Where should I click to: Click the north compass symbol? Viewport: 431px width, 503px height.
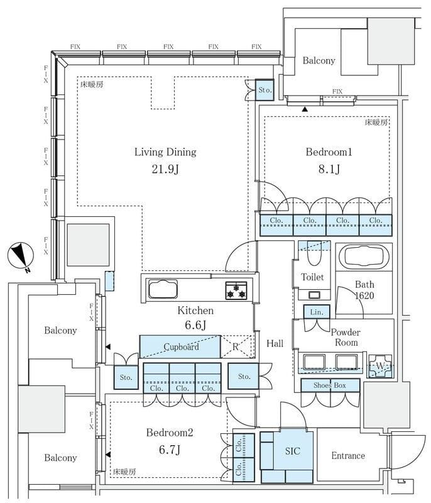tap(21, 257)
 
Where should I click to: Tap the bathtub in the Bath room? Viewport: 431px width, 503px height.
tap(364, 257)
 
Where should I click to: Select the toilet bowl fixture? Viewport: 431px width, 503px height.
tap(314, 253)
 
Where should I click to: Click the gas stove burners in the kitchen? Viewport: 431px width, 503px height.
tap(236, 290)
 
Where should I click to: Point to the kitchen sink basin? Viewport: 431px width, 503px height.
tap(163, 289)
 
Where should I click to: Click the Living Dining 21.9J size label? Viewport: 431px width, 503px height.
tap(165, 169)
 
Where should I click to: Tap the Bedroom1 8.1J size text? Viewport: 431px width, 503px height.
tap(329, 169)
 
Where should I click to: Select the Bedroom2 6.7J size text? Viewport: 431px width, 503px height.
tap(170, 450)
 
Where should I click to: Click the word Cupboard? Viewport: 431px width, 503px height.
tap(182, 347)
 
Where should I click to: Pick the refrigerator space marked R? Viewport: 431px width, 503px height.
tap(237, 346)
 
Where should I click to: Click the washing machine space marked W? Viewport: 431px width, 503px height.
tap(380, 366)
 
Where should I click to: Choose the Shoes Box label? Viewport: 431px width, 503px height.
tap(330, 385)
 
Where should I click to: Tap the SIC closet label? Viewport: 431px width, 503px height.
tap(293, 451)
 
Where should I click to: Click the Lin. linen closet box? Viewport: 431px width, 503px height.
tap(317, 312)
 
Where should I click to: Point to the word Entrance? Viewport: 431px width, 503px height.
tap(348, 455)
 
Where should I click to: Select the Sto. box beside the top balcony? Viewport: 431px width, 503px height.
tap(265, 90)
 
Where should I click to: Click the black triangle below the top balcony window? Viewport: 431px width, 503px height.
tap(305, 109)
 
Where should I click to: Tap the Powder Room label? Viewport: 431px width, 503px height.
tap(346, 337)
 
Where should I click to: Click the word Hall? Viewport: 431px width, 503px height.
tap(275, 343)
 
